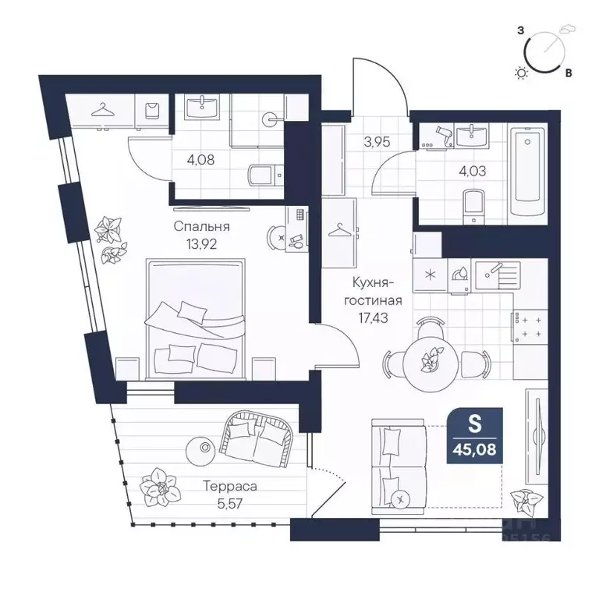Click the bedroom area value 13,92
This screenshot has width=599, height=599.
tap(201, 243)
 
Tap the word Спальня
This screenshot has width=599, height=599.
tap(202, 226)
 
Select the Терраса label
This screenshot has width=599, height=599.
tap(230, 487)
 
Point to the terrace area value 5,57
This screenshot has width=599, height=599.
tap(230, 504)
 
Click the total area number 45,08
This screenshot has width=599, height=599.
tap(474, 449)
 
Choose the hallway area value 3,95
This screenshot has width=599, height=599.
tap(377, 142)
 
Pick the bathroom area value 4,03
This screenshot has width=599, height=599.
tap(473, 170)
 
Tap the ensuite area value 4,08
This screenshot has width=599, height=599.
tap(200, 159)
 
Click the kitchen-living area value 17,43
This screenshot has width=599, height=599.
tap(373, 318)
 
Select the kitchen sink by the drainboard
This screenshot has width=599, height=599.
tap(496, 275)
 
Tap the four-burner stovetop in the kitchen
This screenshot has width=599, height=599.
tap(530, 327)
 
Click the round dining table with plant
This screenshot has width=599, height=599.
tap(431, 360)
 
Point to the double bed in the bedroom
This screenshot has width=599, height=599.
tap(195, 319)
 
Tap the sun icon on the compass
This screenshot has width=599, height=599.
tap(522, 73)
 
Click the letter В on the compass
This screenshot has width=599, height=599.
tap(569, 73)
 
